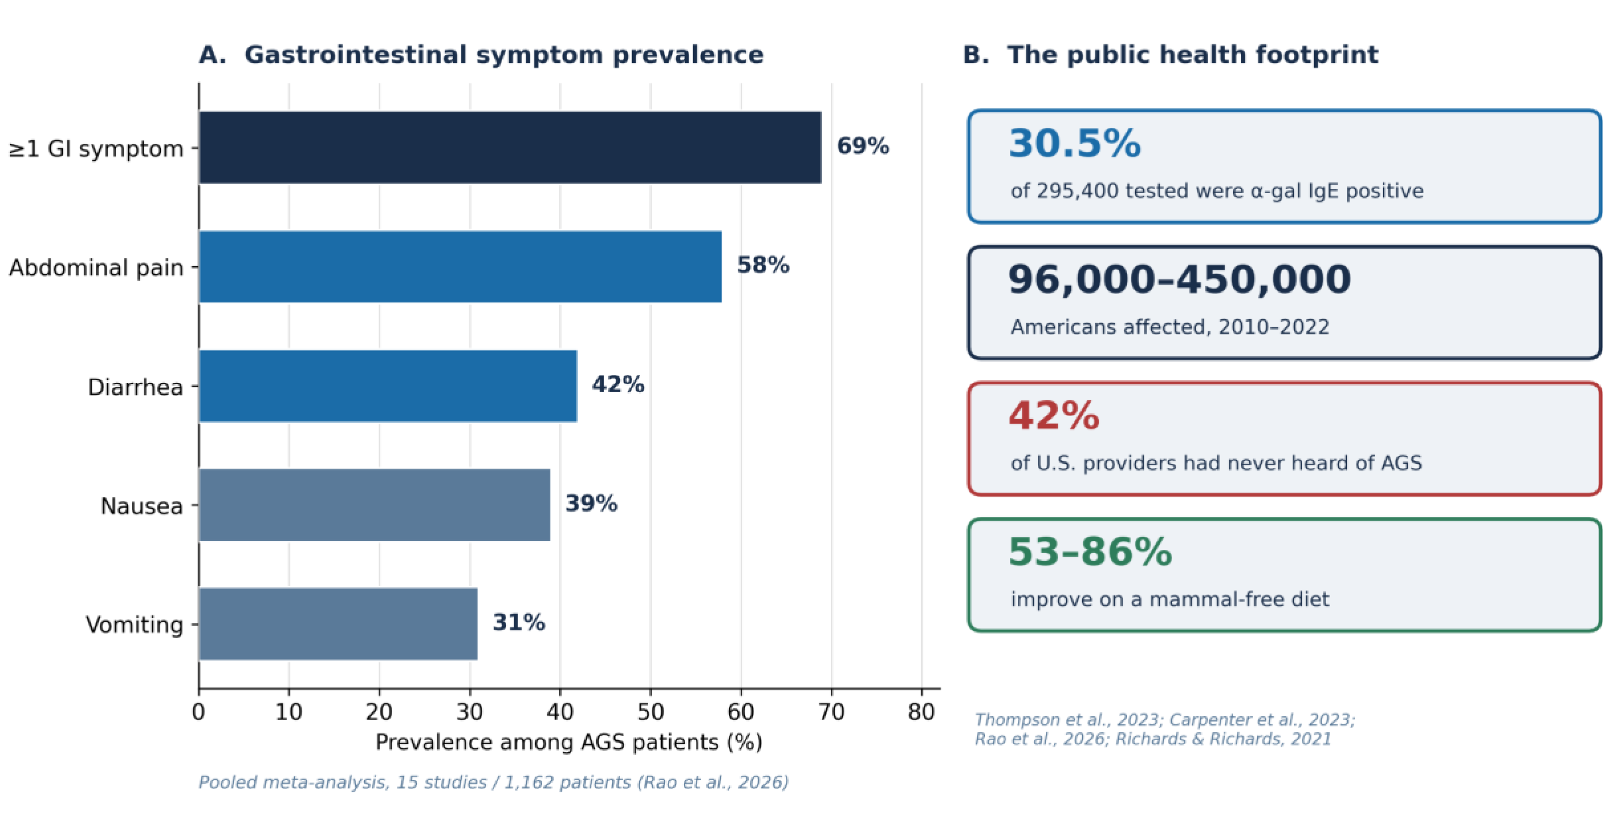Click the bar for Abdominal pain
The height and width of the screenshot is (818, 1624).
[x=460, y=267]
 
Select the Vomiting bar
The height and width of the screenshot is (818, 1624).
[x=338, y=624]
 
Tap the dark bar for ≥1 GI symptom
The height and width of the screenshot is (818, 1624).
[x=510, y=148]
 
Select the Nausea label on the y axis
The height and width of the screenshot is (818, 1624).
[x=142, y=506]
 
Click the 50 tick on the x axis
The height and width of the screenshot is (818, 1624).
[x=651, y=712]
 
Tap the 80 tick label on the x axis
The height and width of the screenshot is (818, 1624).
[x=921, y=712]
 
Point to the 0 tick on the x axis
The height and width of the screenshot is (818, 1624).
[x=198, y=712]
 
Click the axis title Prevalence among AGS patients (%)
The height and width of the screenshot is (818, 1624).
[x=568, y=742]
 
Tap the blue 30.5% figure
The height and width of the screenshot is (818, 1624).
[x=1075, y=143]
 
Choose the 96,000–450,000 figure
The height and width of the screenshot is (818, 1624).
[x=1179, y=279]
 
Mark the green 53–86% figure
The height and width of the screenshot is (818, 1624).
[x=1090, y=552]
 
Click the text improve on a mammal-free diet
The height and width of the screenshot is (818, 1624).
[x=1170, y=599]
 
